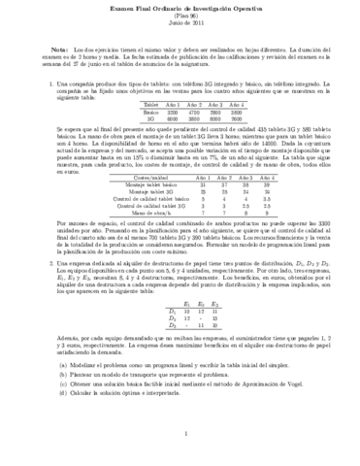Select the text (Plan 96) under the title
[x=180, y=17]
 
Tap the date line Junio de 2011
[x=180, y=25]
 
